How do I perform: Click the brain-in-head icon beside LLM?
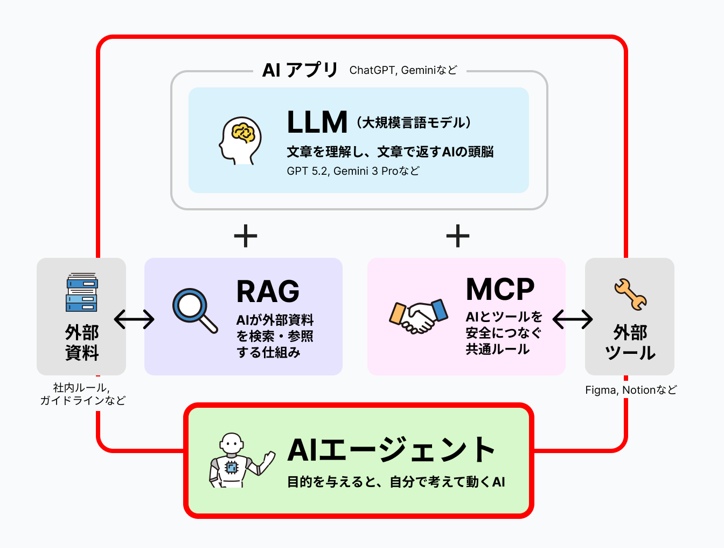[x=240, y=141]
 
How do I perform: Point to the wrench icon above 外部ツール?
[x=630, y=294]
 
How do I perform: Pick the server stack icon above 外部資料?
[x=82, y=292]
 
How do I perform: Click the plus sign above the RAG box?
[x=246, y=236]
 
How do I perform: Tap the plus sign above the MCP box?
[x=458, y=236]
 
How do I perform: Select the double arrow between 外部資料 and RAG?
[x=135, y=319]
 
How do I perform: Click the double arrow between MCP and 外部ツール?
[x=573, y=319]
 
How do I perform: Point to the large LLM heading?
[x=317, y=122]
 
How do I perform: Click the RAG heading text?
[x=268, y=292]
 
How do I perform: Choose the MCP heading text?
[x=500, y=290]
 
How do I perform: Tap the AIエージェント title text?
[x=391, y=450]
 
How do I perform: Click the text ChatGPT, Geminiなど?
[x=403, y=70]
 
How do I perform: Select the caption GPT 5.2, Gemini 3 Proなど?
[x=353, y=171]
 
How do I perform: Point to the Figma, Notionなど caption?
[x=631, y=390]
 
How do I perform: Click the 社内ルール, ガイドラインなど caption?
[x=82, y=394]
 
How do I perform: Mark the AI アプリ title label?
[x=300, y=70]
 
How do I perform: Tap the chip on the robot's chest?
[x=232, y=467]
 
